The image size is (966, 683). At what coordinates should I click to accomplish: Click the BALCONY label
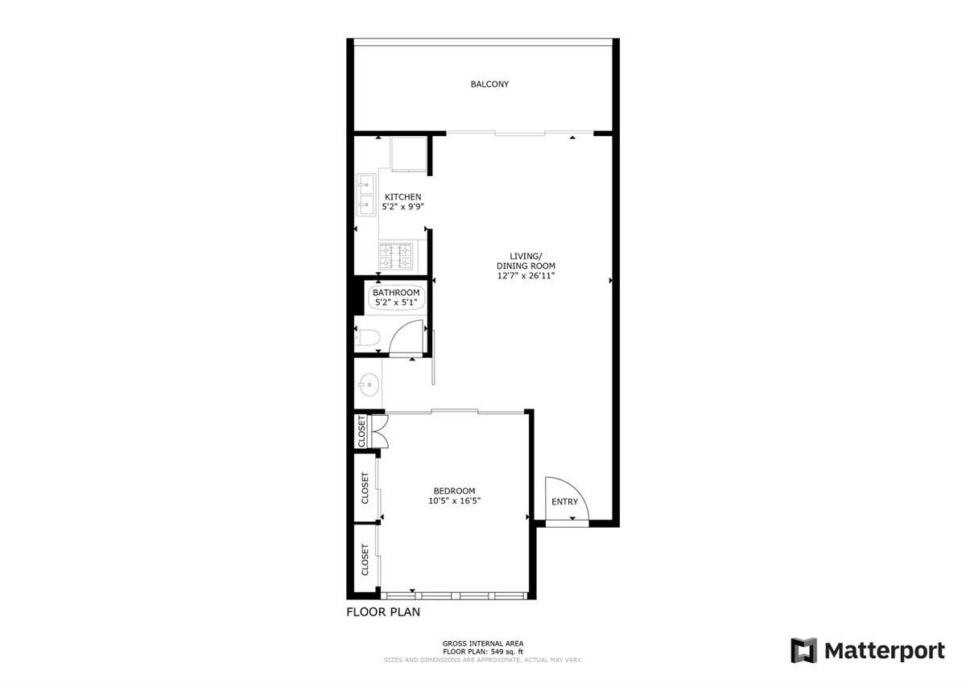pos(489,84)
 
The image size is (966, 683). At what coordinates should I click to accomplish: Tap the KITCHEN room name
pos(402,197)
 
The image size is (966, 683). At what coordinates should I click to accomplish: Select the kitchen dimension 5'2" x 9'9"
pos(402,207)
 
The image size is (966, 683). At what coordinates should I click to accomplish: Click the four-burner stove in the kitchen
pos(395,257)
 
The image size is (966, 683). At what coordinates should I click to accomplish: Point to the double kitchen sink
pos(366,195)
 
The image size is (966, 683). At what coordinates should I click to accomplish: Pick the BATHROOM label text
pos(396,293)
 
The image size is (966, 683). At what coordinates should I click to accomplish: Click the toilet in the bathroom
pos(367,338)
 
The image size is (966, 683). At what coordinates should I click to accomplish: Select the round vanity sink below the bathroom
pos(370,385)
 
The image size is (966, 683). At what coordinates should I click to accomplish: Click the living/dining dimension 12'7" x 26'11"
pos(526,276)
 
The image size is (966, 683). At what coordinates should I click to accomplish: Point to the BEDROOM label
pos(454,491)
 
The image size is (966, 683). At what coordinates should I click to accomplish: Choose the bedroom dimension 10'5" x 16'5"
pos(454,500)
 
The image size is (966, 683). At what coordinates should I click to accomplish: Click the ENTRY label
pos(564,502)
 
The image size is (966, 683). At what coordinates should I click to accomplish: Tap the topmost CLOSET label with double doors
pos(361,431)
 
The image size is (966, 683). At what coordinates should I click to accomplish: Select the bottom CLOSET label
pos(365,560)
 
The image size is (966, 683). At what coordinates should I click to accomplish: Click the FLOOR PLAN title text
pos(383,612)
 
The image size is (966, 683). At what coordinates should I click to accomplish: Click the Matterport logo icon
pos(803,650)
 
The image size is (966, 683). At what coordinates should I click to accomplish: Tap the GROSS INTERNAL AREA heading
pos(483,644)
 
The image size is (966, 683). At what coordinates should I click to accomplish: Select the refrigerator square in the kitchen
pos(408,154)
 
